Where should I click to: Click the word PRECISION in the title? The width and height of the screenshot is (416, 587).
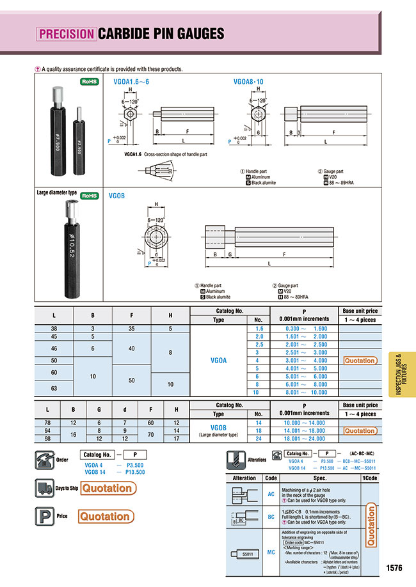[66, 33]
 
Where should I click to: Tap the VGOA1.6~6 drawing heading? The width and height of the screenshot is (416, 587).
[133, 81]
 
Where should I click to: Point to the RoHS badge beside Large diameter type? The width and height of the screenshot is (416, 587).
[89, 196]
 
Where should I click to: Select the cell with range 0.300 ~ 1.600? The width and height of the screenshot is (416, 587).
[305, 328]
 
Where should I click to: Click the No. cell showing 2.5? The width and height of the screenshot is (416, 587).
[259, 344]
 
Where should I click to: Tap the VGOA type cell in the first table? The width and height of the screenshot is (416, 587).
[218, 361]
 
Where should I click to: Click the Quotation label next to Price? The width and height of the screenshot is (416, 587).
[104, 516]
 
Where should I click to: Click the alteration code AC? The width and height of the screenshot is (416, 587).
[270, 494]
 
